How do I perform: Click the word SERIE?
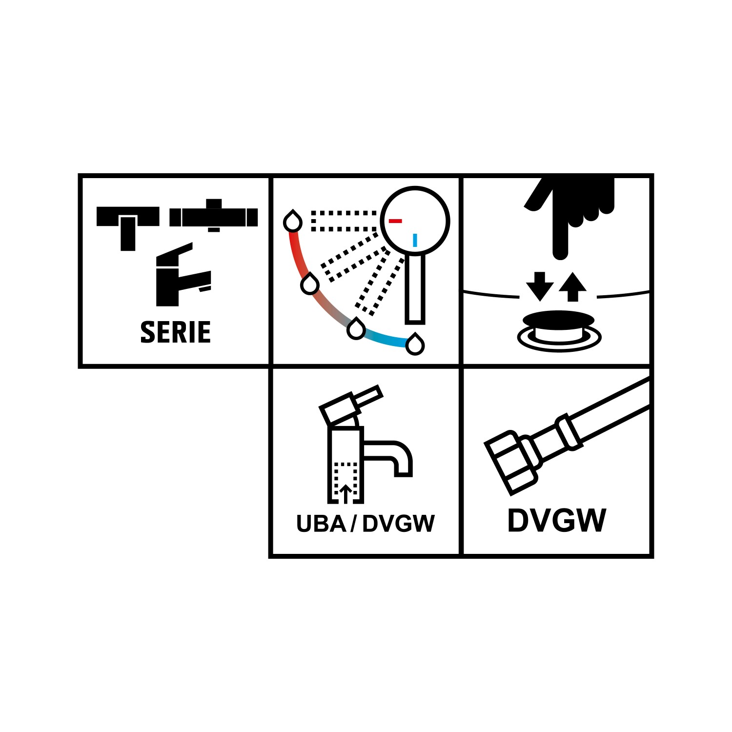pos(176,332)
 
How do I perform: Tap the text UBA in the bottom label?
pos(320,524)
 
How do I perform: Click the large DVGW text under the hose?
pos(557,521)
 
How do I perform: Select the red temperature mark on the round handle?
pos(395,221)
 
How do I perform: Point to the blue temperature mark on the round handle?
pos(415,240)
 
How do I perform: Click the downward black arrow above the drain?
pos(540,286)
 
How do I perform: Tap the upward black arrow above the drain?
pos(572,287)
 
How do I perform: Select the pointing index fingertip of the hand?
pos(561,251)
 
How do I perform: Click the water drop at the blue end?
pos(415,344)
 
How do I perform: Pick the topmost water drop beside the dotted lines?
pos(293,221)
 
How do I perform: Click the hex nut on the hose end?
pos(510,462)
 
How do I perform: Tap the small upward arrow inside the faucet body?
pos(346,494)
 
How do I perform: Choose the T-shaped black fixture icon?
pos(128,228)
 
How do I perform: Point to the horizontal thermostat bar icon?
pos(214,216)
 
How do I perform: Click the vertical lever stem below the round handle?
pos(415,288)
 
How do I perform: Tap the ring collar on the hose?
pos(569,432)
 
